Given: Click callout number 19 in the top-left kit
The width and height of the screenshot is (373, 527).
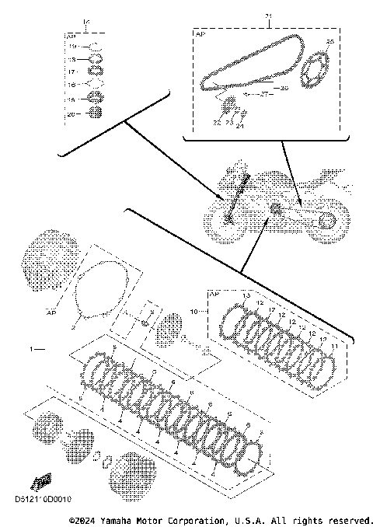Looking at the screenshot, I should point(70,47).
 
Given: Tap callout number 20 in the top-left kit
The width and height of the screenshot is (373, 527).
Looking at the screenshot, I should point(70,113).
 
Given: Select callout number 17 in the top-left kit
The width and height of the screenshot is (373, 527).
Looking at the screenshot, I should point(70,70).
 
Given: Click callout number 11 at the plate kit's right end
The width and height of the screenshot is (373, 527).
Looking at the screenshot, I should point(335,345).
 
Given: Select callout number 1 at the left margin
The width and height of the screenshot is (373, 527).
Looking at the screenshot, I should point(32,351).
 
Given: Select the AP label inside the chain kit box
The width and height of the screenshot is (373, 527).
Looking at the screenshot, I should point(199,36).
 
